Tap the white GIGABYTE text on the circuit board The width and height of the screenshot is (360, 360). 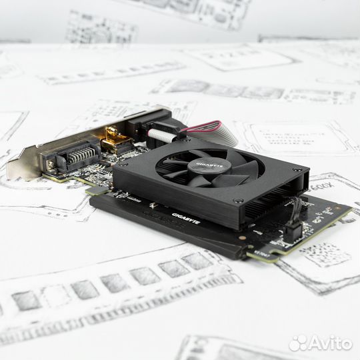(x=185, y=215)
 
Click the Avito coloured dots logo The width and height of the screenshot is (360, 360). (x=299, y=343)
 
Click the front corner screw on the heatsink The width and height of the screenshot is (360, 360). (x=238, y=201)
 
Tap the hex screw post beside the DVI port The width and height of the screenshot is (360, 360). (x=49, y=164)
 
